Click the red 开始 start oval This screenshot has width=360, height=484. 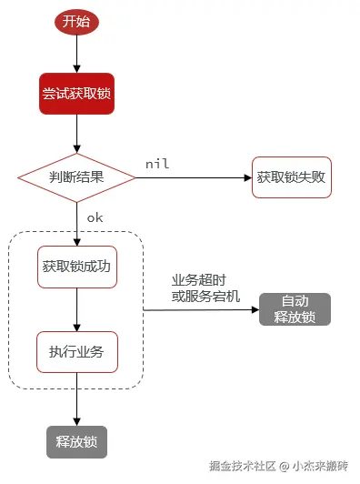point(76,23)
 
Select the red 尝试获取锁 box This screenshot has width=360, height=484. point(76,94)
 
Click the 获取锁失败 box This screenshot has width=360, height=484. point(292,176)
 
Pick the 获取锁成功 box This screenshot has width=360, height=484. point(76,267)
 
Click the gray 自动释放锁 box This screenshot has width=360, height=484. point(295,309)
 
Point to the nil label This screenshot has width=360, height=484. point(157,163)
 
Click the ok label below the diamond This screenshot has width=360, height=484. point(95,217)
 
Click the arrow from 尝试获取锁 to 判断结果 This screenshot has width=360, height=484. point(76,132)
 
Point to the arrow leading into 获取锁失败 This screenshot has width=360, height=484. point(195,176)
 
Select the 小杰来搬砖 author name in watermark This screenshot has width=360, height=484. point(320,466)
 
